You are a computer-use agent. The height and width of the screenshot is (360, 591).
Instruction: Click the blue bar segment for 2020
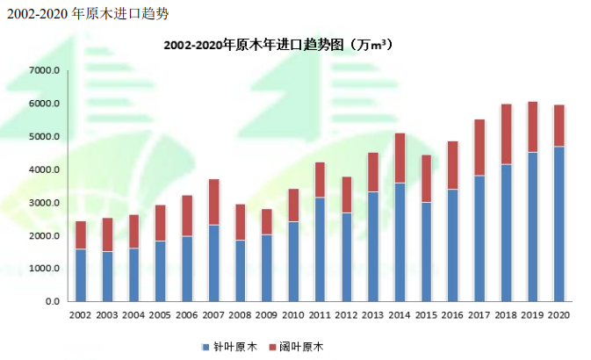tap(559, 224)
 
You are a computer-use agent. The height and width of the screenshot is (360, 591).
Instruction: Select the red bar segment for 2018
tap(506, 134)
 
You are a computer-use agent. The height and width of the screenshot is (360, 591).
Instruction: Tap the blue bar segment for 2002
tap(81, 275)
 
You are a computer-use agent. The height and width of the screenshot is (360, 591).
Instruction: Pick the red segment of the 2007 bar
tap(213, 202)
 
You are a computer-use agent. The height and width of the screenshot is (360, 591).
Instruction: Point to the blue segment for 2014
tap(400, 241)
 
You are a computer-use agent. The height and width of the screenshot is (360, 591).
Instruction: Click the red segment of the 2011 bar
tap(320, 180)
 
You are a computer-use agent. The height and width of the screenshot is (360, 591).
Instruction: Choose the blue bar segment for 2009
tap(267, 268)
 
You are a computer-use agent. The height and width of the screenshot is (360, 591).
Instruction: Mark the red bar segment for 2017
tap(479, 148)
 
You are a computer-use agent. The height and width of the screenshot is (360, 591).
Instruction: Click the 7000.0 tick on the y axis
tap(43, 70)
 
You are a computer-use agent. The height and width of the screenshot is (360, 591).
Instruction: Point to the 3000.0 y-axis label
tap(43, 203)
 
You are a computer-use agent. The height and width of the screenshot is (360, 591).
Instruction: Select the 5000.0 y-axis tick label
tap(43, 137)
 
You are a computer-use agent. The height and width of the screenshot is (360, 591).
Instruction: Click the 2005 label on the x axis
tap(160, 315)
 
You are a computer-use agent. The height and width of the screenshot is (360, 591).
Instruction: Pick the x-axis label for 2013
tap(372, 315)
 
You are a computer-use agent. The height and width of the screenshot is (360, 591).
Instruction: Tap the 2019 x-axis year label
tap(532, 315)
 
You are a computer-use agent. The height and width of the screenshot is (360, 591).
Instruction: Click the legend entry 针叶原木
tap(231, 347)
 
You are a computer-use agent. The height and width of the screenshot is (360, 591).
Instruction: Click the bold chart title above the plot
tap(277, 45)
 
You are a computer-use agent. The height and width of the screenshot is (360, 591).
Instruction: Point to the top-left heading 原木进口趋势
tap(88, 14)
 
